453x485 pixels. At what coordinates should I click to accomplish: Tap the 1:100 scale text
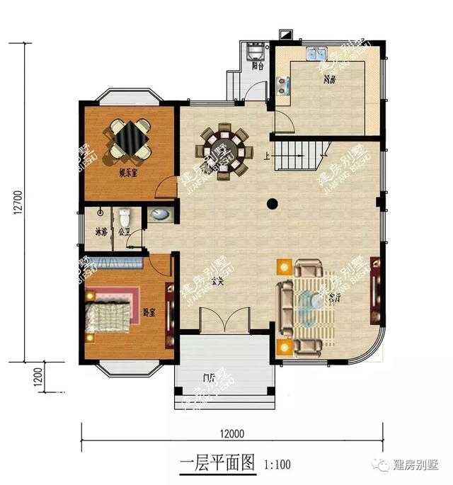click(x=277, y=465)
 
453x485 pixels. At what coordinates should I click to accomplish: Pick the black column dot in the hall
click(x=271, y=204)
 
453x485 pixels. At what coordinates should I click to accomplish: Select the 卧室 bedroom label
click(x=148, y=313)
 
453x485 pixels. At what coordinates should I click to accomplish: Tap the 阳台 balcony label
click(x=258, y=66)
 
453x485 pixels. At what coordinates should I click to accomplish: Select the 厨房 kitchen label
click(x=329, y=80)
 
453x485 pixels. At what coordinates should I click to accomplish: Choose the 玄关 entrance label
click(x=217, y=282)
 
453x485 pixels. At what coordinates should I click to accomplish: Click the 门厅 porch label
click(x=209, y=377)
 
